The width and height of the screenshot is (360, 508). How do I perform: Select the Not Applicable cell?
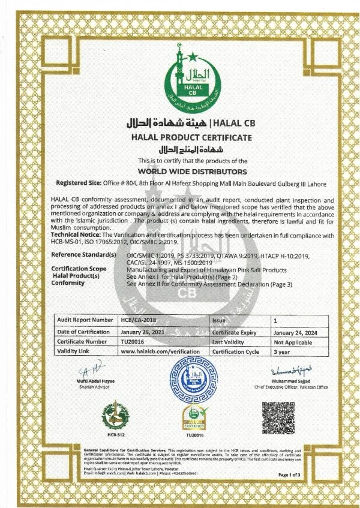(x=292, y=342)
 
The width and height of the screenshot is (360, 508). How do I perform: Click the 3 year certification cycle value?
(x=281, y=352)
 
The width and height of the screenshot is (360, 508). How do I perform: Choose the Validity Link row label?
(x=76, y=352)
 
